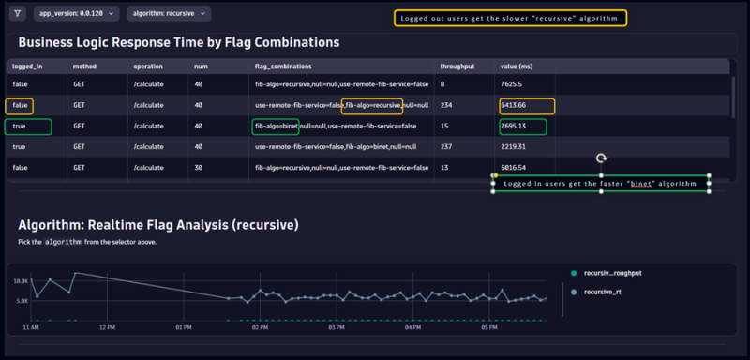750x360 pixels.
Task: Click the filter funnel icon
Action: pos(17,14)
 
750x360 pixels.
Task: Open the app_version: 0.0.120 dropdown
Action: pos(77,14)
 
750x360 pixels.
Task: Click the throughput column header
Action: pos(457,67)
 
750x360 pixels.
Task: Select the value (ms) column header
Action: pos(517,67)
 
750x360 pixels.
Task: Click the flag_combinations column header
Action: pos(283,67)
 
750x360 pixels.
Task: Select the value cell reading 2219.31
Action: pos(518,146)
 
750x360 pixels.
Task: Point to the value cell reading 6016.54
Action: pos(518,167)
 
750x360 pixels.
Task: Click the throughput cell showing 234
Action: pos(446,105)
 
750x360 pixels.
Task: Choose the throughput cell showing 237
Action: pos(446,146)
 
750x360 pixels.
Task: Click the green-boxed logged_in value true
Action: pos(19,126)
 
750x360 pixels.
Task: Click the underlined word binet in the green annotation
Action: pos(641,184)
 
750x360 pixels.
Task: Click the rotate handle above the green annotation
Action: pos(602,159)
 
